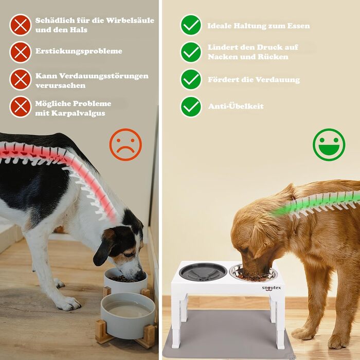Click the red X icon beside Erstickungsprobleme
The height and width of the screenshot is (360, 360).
21,52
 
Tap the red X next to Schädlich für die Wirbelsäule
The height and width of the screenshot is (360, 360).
21,25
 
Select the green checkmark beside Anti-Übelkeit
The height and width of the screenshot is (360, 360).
191,107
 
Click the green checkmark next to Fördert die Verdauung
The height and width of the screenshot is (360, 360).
191,79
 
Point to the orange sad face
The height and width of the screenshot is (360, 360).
125,145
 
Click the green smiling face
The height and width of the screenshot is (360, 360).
329,145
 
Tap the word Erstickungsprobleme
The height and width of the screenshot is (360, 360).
79,51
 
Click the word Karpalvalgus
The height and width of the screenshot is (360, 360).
78,113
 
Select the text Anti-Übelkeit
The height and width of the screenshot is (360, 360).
236,106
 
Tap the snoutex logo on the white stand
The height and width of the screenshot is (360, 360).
271,288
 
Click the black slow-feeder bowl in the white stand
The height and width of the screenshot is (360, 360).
200,272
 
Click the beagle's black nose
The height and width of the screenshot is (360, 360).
140,275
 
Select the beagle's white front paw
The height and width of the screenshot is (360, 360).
68,303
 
